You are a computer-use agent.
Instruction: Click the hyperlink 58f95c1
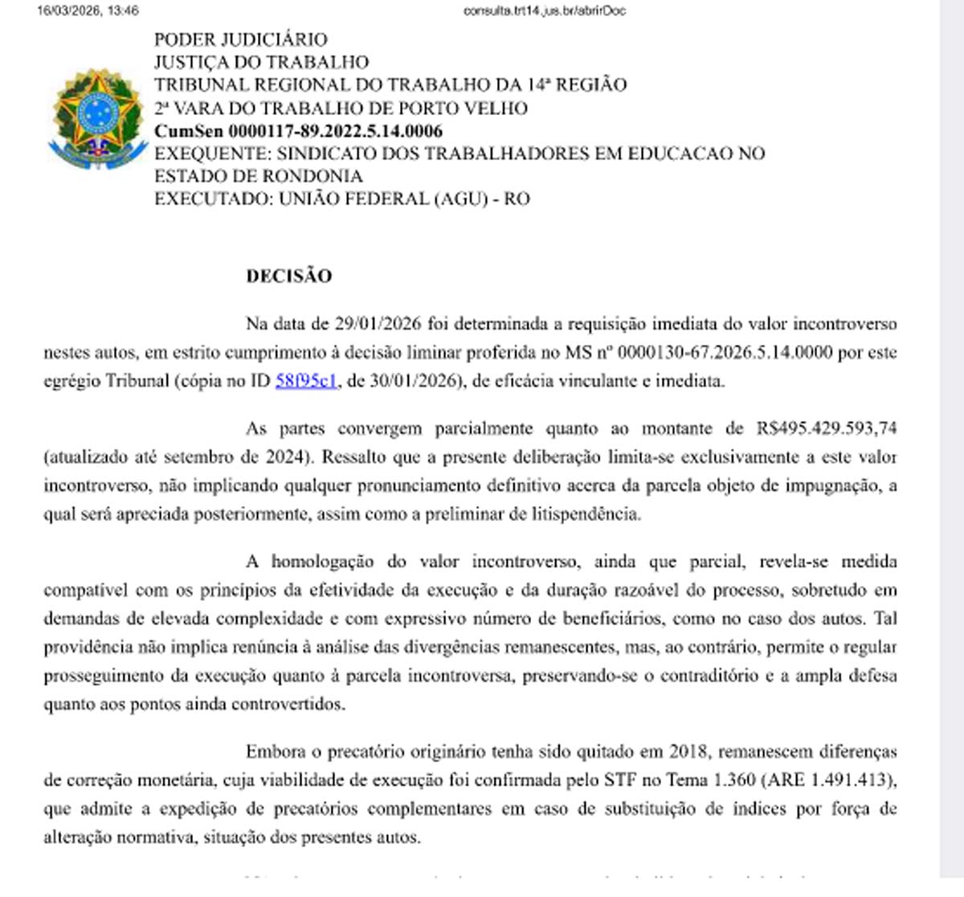click(x=306, y=381)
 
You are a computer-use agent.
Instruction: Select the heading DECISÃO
click(x=289, y=276)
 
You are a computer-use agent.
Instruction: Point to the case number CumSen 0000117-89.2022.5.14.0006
click(x=298, y=131)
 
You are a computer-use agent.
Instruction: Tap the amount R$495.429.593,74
click(x=826, y=428)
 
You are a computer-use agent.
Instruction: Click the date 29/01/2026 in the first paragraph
click(x=378, y=324)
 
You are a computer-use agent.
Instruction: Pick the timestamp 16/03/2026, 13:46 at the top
click(x=88, y=10)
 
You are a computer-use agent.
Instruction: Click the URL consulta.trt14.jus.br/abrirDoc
click(x=544, y=10)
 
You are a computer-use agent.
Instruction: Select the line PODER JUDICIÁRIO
click(x=241, y=39)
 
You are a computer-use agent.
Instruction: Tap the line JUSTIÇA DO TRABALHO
click(x=262, y=62)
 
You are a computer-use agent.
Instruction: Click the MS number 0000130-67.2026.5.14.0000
click(x=725, y=352)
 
